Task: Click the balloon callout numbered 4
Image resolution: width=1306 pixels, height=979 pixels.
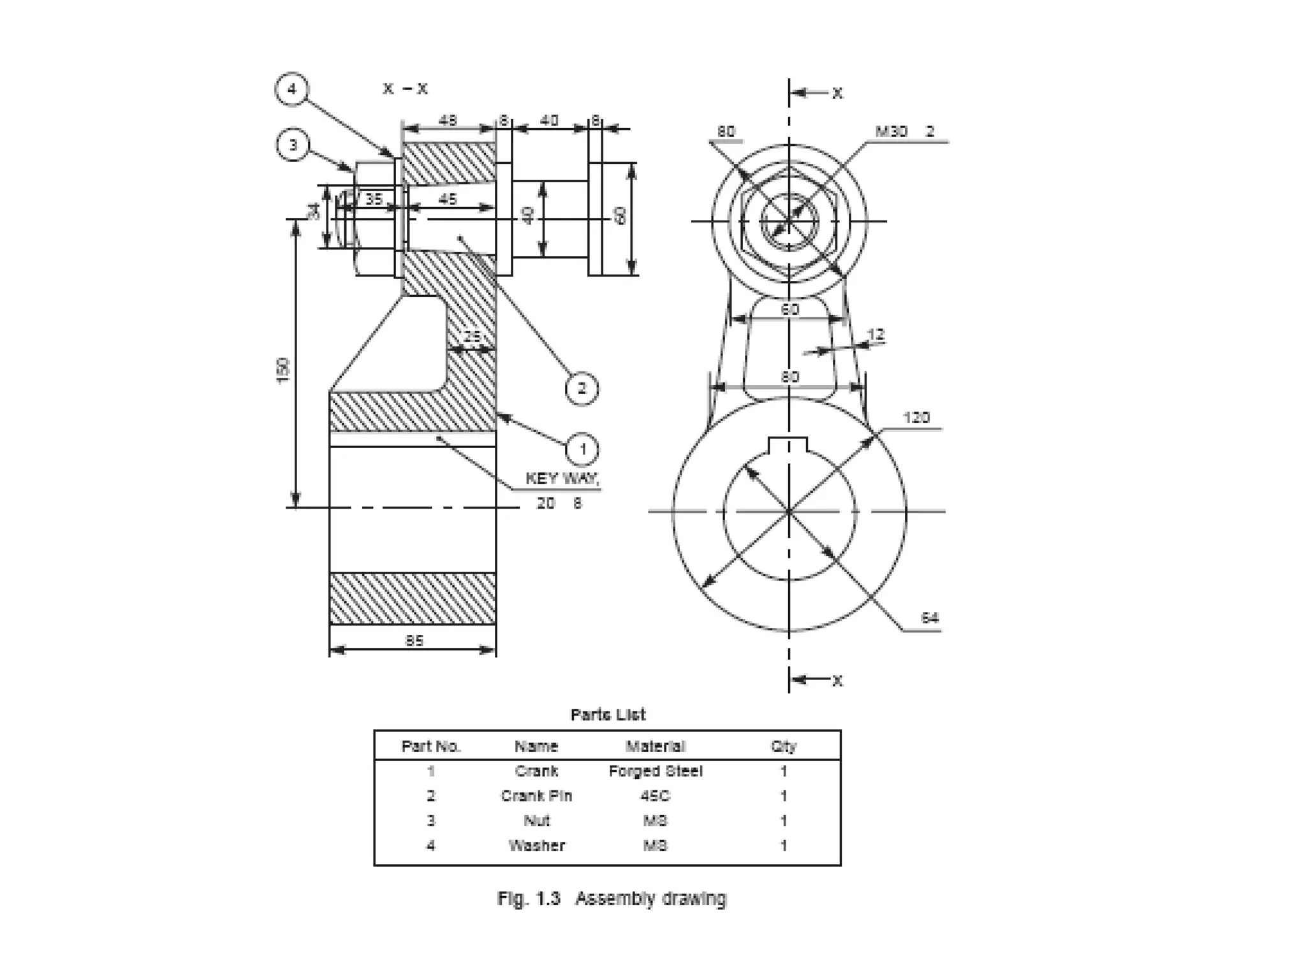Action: point(291,89)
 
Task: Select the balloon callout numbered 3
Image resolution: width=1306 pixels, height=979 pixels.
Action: point(293,145)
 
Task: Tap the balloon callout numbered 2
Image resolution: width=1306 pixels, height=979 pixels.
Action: point(582,388)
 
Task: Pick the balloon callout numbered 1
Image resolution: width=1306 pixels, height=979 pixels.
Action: point(582,449)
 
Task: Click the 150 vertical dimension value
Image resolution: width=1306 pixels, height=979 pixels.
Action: point(282,370)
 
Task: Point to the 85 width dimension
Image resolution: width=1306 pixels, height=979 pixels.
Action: point(414,640)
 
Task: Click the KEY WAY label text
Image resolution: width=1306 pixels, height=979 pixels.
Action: point(562,478)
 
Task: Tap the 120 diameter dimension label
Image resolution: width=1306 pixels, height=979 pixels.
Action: point(916,417)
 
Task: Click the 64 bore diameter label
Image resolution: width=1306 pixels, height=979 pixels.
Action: point(929,618)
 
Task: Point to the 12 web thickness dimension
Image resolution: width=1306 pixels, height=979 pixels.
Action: point(876,335)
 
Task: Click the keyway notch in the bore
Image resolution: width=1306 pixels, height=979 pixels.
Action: point(788,444)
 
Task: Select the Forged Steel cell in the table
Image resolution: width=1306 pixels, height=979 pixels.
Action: point(655,771)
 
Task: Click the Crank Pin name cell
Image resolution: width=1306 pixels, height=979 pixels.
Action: point(536,796)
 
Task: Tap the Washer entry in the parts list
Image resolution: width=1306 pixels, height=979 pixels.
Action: point(536,846)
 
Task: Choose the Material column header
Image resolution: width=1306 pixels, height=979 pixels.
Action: point(655,746)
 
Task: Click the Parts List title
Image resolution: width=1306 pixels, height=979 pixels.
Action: point(608,714)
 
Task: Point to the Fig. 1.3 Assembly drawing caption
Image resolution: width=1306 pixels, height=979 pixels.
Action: point(612,899)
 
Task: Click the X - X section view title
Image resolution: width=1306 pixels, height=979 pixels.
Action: point(405,89)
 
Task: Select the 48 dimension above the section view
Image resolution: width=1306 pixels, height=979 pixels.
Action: point(448,120)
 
